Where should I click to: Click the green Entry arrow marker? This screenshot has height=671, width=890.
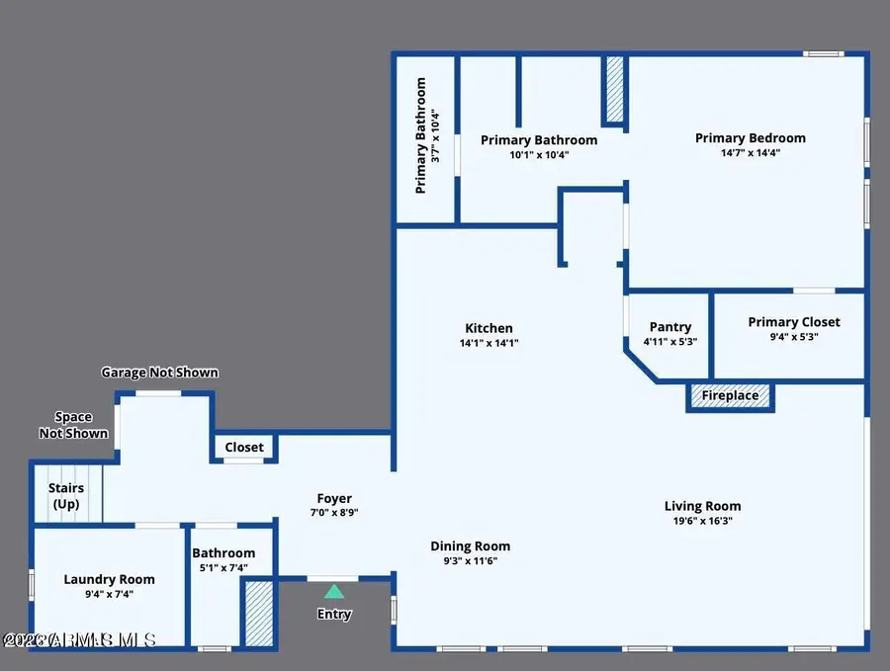coord(334,591)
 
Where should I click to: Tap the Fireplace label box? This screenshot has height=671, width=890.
coord(731,396)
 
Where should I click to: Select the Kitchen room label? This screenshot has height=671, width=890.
coord(489,328)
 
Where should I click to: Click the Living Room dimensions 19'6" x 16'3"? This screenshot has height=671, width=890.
coord(702,521)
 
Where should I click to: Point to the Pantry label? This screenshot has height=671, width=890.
coord(669,327)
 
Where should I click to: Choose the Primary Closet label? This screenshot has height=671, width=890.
coord(794,322)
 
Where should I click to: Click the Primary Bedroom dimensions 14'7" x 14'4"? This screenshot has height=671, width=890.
coord(750,153)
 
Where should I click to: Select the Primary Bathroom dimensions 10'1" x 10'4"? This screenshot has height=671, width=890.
coord(539,155)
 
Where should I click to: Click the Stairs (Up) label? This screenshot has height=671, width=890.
coord(66,496)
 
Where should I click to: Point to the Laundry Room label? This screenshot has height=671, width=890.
coord(109,579)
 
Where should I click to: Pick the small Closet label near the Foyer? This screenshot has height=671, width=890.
coord(244,448)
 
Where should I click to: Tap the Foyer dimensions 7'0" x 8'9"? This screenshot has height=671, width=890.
coord(334,513)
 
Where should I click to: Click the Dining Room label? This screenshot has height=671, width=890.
coord(470,545)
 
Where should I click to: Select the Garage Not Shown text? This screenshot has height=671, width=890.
coord(159,373)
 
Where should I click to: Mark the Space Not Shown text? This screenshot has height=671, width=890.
coord(73,426)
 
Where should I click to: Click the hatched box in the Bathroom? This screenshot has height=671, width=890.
coord(259,615)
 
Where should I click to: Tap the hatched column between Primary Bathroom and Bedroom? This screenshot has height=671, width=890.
coord(615,90)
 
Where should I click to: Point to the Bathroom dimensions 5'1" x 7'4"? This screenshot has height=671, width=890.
coord(223,567)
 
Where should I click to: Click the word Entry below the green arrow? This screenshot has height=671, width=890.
coord(334,615)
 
